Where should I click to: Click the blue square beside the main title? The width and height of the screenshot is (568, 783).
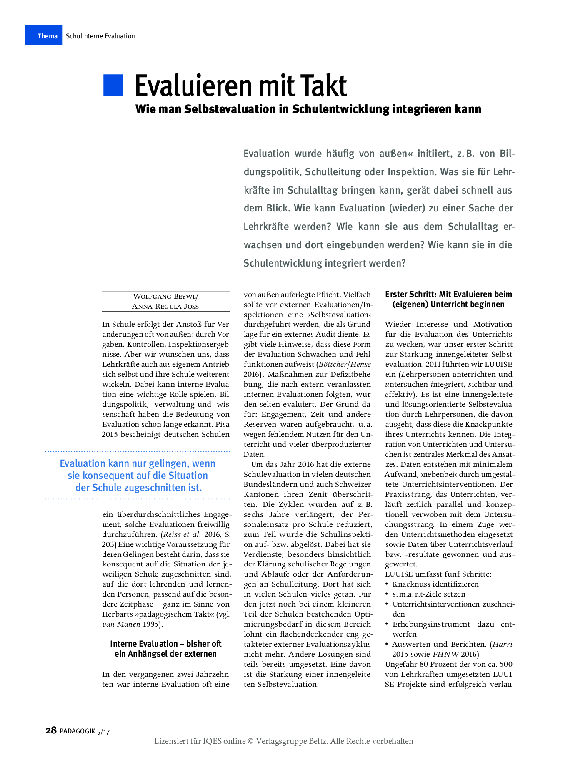113,86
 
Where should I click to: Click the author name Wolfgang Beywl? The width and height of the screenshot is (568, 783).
165,296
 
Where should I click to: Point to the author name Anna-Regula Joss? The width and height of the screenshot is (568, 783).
165,306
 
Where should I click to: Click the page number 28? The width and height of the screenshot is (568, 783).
51,730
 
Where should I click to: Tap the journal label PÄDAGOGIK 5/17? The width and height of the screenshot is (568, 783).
85,731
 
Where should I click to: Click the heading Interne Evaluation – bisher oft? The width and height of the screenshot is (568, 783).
165,644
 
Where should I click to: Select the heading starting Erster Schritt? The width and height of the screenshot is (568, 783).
448,294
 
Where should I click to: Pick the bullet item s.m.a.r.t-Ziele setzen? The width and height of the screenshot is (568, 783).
429,594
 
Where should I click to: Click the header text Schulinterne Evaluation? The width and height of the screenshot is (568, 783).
100,36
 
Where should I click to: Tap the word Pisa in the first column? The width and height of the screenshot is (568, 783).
223,424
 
